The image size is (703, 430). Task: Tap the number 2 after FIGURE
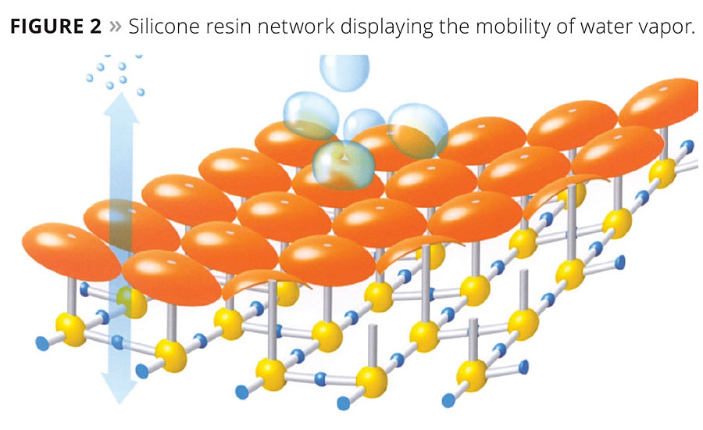95,27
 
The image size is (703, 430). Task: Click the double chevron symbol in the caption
116,27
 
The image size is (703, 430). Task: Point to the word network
296,27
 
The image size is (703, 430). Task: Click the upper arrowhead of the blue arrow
121,107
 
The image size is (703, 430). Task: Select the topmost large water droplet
344,72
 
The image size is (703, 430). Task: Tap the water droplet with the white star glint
344,164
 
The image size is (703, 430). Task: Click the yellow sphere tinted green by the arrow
132,302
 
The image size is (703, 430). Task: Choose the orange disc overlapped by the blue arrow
131,225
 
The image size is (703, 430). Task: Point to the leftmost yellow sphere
71,330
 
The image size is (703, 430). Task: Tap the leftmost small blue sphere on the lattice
42,344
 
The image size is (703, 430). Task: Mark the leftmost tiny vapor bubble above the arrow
90,78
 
